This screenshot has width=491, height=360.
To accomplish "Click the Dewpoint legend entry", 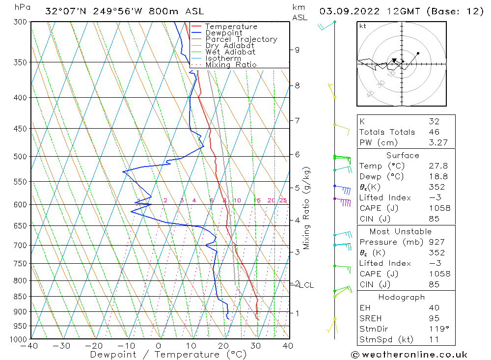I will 223,33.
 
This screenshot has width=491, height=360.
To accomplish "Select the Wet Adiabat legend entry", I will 230,52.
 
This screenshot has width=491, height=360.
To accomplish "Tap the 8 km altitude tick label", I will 297,85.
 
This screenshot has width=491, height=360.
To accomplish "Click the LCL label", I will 306,285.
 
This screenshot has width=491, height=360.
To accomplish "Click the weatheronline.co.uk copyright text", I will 409,355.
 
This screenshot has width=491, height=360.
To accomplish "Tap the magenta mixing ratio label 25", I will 283,200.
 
